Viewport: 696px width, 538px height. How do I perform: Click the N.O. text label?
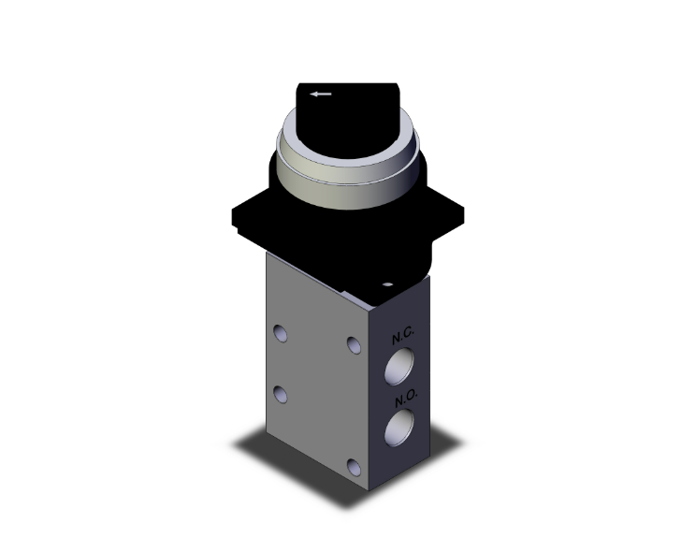click(404, 399)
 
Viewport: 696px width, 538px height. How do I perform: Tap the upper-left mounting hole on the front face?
click(281, 333)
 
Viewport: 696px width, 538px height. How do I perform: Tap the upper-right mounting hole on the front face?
click(353, 345)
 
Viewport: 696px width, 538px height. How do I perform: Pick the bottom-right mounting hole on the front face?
click(352, 466)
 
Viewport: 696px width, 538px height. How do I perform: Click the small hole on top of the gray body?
click(386, 281)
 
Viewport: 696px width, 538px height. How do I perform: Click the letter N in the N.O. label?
click(398, 398)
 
